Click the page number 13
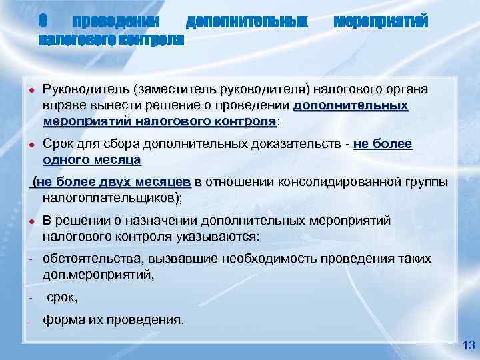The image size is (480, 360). (x=467, y=345)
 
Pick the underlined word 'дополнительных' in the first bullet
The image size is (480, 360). (x=351, y=105)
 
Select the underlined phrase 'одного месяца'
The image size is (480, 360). (x=91, y=160)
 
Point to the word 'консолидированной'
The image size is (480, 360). (x=331, y=182)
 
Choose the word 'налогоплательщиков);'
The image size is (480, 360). (x=112, y=198)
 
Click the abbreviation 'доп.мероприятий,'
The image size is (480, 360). (x=99, y=275)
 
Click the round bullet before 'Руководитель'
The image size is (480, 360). (x=31, y=90)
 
